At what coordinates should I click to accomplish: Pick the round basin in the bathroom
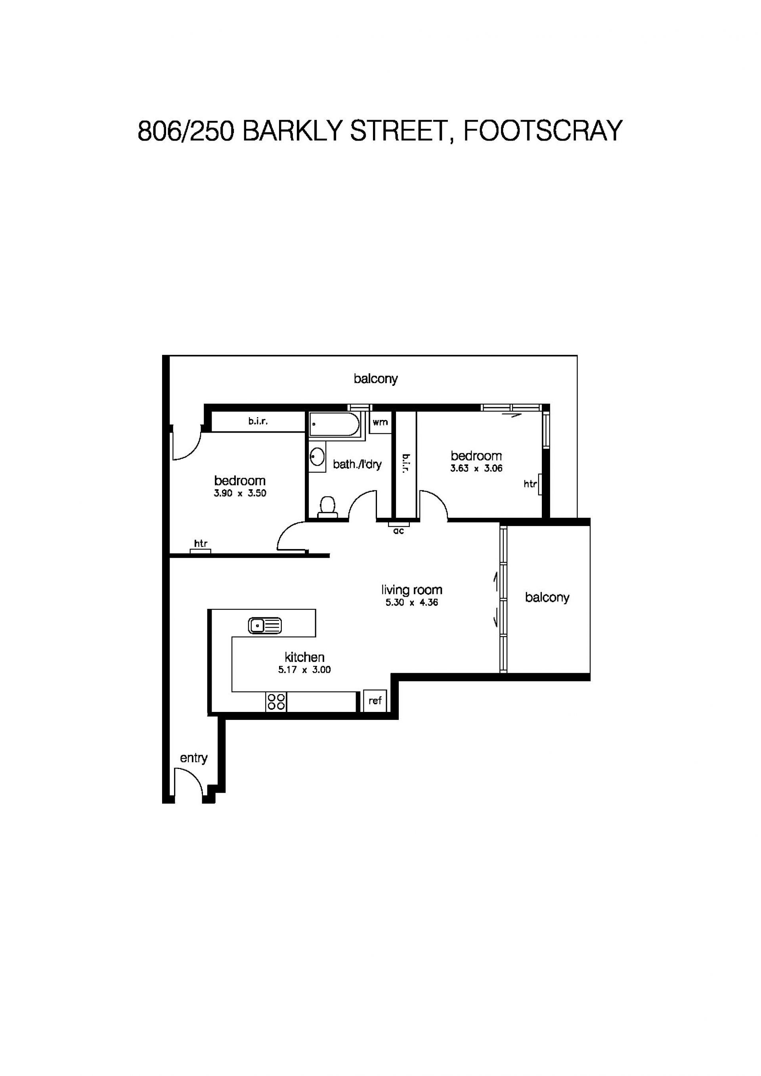317,456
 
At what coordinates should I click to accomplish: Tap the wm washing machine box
380,422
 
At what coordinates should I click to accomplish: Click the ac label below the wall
399,531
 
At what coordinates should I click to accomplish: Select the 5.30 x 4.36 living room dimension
412,603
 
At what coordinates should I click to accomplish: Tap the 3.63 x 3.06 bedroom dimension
476,468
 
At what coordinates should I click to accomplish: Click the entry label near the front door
194,758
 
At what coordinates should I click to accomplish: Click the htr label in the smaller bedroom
530,484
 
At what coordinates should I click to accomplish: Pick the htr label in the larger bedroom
201,544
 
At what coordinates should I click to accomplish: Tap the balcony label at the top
376,379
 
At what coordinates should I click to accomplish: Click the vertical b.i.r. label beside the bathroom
405,463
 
